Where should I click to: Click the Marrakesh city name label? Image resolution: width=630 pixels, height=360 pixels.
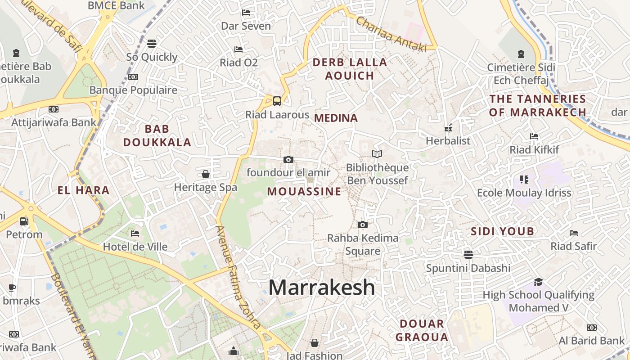(x=322, y=287)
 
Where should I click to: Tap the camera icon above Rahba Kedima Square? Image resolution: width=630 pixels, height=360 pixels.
(x=363, y=225)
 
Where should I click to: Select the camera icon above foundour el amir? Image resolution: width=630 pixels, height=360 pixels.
(x=288, y=159)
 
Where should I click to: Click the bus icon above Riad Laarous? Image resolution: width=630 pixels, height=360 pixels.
(x=277, y=101)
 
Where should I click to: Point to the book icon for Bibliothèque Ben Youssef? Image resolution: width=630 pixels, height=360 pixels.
(x=377, y=154)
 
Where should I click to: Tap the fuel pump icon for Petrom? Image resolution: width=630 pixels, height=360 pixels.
(x=24, y=221)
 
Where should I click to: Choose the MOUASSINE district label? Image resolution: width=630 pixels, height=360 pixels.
(x=304, y=191)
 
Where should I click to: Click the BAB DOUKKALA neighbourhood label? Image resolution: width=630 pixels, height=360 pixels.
(x=157, y=136)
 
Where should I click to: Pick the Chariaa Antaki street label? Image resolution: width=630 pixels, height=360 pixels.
(x=391, y=33)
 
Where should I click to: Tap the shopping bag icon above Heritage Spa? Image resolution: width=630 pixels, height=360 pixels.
(x=206, y=174)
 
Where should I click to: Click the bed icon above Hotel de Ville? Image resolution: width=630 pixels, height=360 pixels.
(x=135, y=233)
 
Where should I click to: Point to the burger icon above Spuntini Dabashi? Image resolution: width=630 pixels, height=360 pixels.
(x=468, y=254)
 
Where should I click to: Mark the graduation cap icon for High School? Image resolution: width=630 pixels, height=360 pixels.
(x=538, y=282)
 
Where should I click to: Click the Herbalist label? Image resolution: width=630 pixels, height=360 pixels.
(x=448, y=141)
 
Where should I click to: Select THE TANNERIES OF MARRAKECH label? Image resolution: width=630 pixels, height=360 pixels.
(x=538, y=105)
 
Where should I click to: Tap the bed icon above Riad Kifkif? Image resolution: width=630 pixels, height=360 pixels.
(x=534, y=136)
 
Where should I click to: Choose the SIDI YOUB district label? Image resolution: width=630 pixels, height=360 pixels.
(x=502, y=231)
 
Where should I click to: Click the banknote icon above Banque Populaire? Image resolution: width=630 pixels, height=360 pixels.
(x=133, y=77)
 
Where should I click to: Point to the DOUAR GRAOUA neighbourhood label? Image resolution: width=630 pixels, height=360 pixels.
(x=422, y=330)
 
